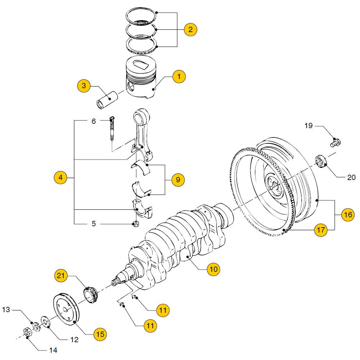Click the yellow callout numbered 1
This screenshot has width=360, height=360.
(x=179, y=76)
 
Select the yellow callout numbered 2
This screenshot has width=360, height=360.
(x=190, y=29)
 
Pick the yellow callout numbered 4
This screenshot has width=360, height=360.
(x=60, y=177)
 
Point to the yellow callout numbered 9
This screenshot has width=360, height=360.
(x=178, y=179)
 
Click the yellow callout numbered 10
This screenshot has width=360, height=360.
(x=214, y=268)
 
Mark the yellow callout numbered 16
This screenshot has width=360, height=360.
(x=347, y=215)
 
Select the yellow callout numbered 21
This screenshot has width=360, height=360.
(x=61, y=276)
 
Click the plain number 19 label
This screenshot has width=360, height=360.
(x=309, y=126)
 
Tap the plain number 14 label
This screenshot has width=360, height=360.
(x=53, y=350)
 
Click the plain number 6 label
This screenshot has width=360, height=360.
(x=94, y=122)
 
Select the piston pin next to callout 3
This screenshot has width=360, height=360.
(x=106, y=100)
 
